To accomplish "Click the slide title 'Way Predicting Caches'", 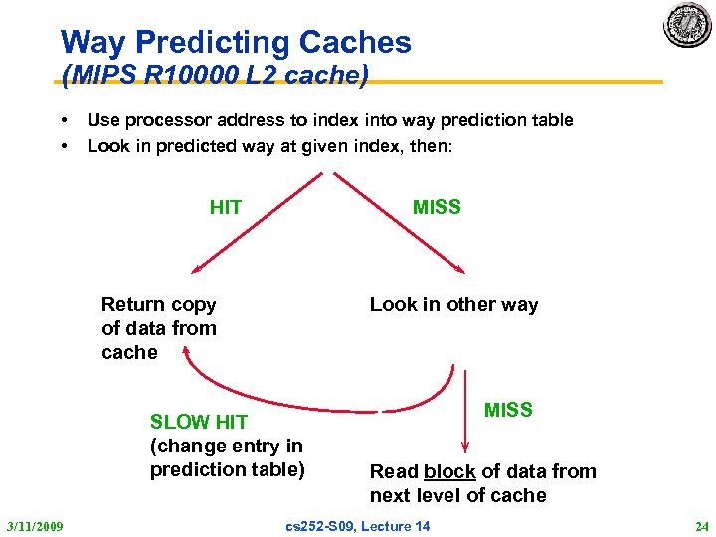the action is tap(236, 42).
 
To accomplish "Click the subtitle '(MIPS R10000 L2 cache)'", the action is tap(215, 75).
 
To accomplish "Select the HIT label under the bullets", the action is tap(226, 207).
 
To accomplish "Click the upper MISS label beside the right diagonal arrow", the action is tap(437, 207).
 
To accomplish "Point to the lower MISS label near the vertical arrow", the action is tap(508, 409).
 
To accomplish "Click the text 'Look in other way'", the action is tap(453, 305).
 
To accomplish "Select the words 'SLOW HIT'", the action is tap(198, 422).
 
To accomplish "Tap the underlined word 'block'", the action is tap(449, 471).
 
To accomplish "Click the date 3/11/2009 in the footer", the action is tap(34, 525).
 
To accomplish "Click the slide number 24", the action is tap(702, 525).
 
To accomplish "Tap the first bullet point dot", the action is tap(65, 121).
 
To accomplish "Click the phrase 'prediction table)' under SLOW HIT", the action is tap(227, 469).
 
